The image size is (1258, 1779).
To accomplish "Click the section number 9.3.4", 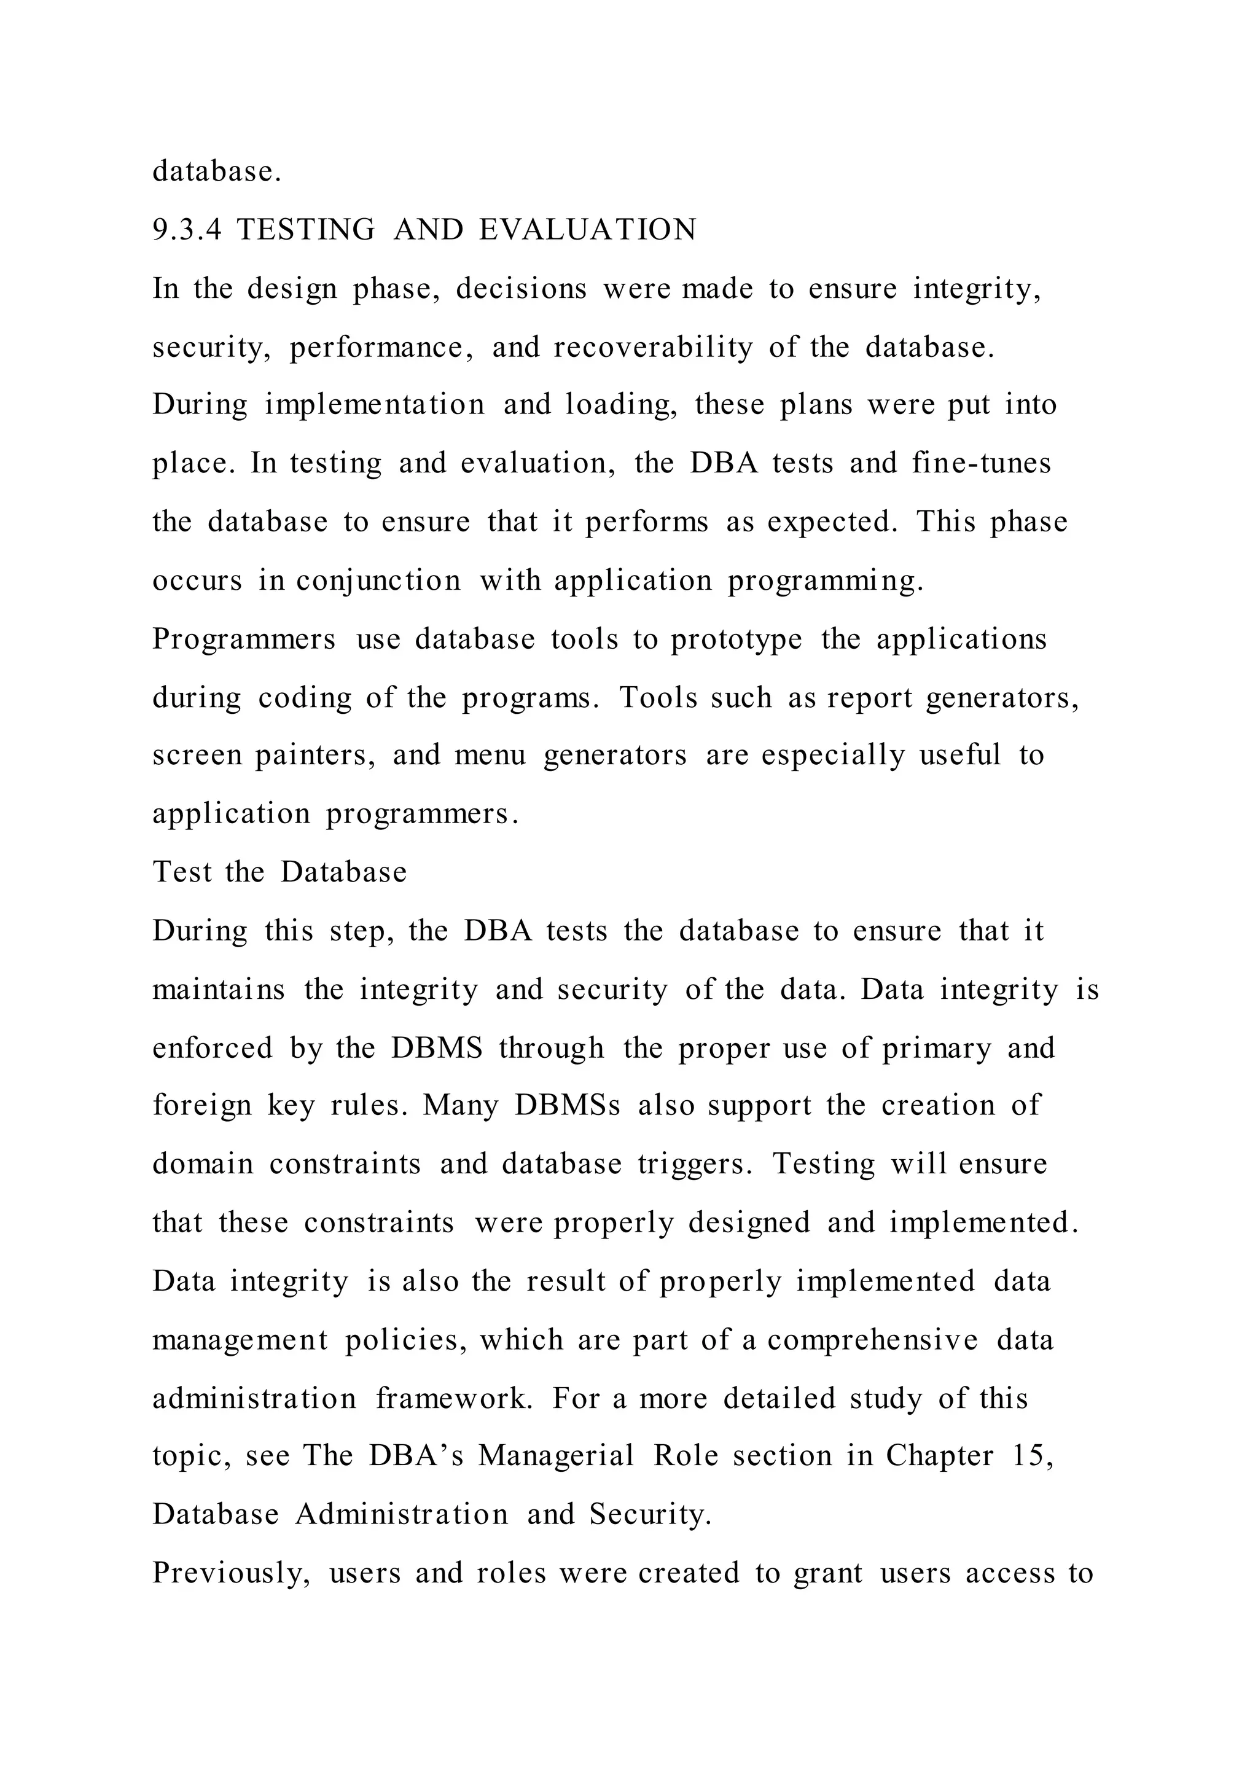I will [x=187, y=230].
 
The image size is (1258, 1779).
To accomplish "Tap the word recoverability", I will [x=653, y=347].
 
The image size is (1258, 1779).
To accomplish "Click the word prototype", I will [x=736, y=640].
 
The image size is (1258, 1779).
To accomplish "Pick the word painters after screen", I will [x=315, y=756].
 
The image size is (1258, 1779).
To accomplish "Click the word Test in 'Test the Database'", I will [x=181, y=872].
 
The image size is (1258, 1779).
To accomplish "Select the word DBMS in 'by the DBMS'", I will [x=436, y=1049].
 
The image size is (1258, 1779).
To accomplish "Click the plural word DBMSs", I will [x=567, y=1106].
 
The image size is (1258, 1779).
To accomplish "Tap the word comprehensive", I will [x=872, y=1340].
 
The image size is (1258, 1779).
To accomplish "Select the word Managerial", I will [x=556, y=1456].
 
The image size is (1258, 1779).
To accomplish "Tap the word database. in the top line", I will [x=217, y=171].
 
